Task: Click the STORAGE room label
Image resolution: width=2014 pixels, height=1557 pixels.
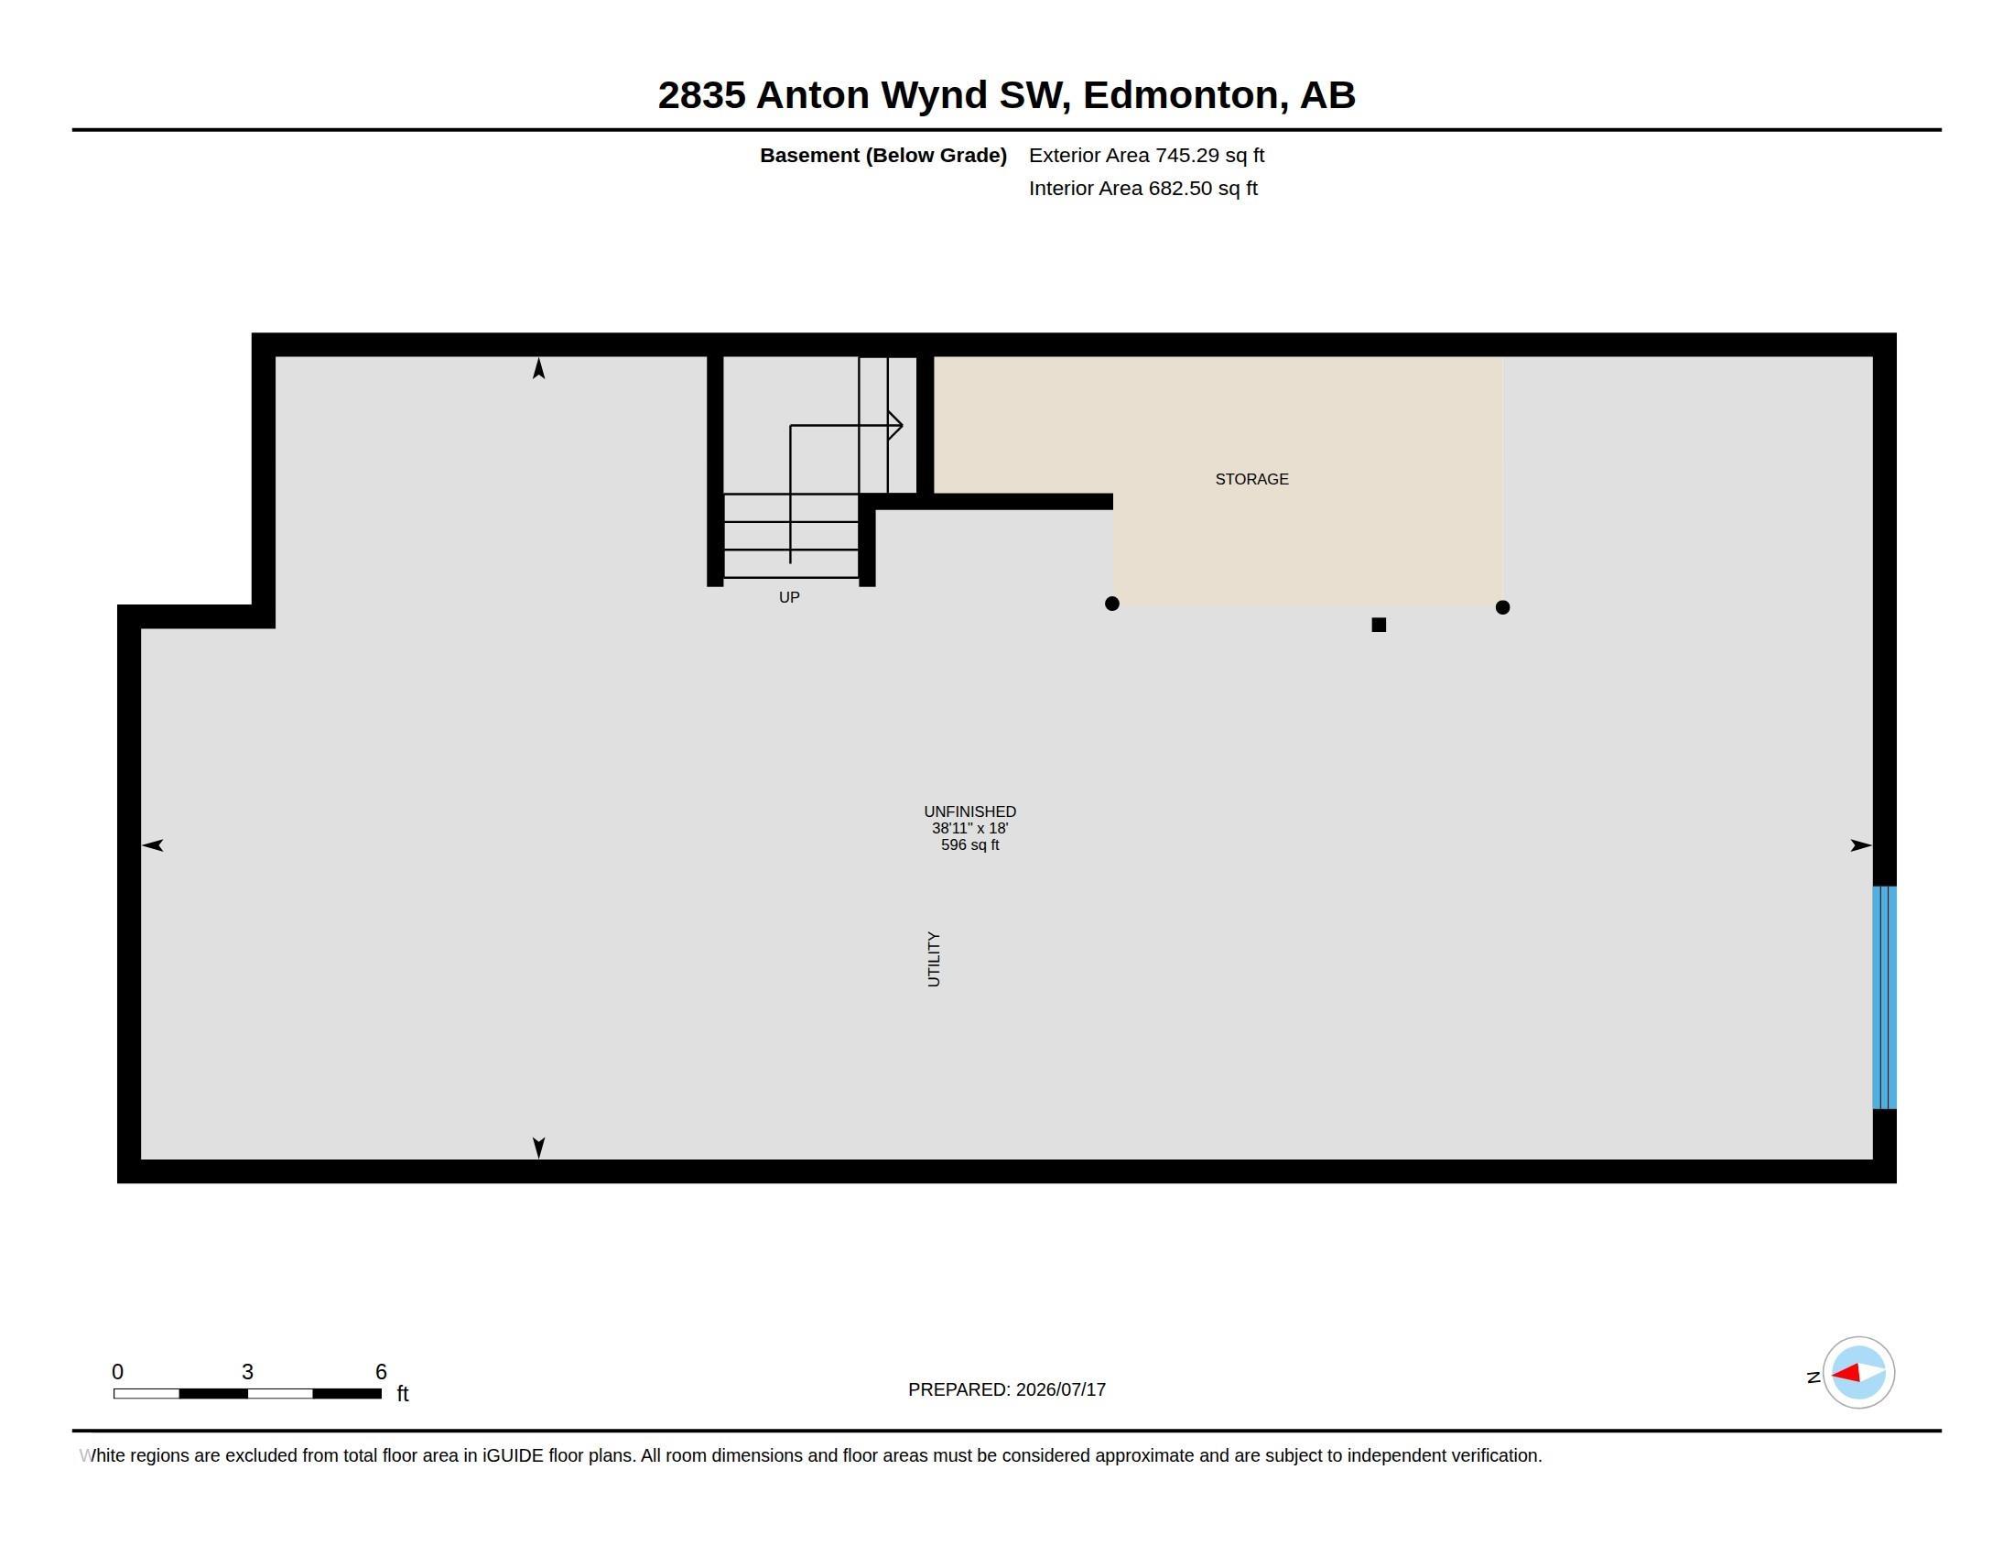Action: [x=1251, y=479]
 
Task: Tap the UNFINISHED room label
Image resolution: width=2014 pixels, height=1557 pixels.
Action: [x=970, y=811]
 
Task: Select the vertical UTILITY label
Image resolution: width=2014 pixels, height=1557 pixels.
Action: [x=933, y=959]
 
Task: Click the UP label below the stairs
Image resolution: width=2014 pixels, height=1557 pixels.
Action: [x=789, y=598]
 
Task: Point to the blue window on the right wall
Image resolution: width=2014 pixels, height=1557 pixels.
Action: [x=1884, y=997]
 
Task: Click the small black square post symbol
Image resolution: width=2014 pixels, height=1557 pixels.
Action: [x=1379, y=625]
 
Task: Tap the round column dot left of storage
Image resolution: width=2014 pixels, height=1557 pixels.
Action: [x=1112, y=604]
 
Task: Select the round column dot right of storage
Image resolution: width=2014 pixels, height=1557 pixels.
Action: [x=1502, y=607]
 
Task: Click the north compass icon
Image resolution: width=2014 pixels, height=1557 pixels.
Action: [x=1858, y=1373]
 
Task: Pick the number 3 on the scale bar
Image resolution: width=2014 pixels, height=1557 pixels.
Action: [x=247, y=1372]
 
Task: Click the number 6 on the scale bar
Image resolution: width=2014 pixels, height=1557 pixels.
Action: [x=381, y=1372]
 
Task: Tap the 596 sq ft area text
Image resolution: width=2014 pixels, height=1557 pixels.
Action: [x=970, y=845]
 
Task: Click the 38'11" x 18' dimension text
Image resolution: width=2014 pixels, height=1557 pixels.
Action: [x=970, y=828]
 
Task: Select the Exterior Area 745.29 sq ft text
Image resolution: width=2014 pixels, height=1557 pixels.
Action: [x=1146, y=155]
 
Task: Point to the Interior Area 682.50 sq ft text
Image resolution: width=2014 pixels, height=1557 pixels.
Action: [x=1143, y=188]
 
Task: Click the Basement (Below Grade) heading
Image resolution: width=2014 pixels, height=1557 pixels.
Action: [x=883, y=155]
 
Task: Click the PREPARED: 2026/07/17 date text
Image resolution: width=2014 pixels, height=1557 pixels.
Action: [x=1007, y=1389]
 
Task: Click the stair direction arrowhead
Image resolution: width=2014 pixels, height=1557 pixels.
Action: [x=895, y=425]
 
